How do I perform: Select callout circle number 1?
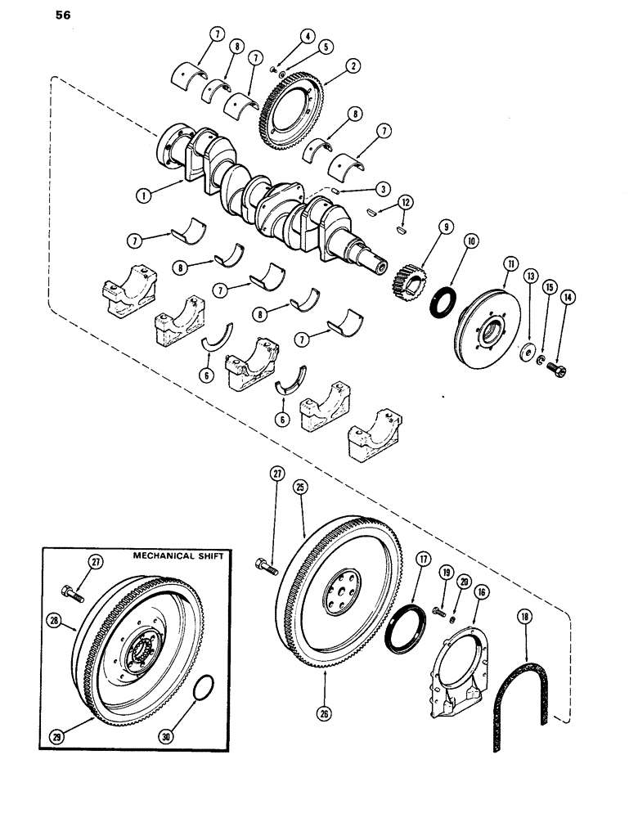(x=143, y=197)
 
